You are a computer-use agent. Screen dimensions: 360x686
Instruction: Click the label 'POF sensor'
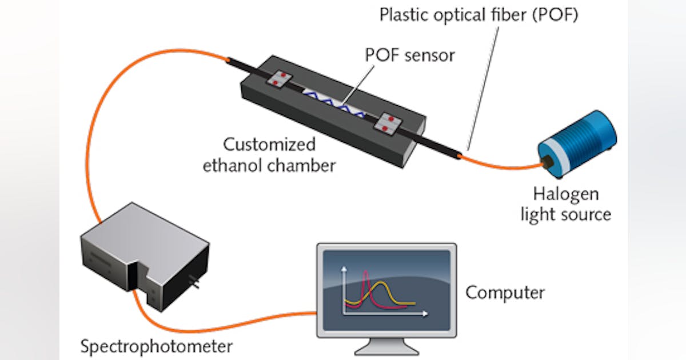(x=410, y=55)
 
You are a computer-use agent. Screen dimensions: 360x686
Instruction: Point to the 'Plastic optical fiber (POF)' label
(x=479, y=15)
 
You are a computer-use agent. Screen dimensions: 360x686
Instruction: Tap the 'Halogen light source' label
(x=565, y=204)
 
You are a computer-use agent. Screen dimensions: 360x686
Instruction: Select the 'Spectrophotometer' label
(x=156, y=346)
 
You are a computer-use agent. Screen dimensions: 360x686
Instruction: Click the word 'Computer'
(x=505, y=293)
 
